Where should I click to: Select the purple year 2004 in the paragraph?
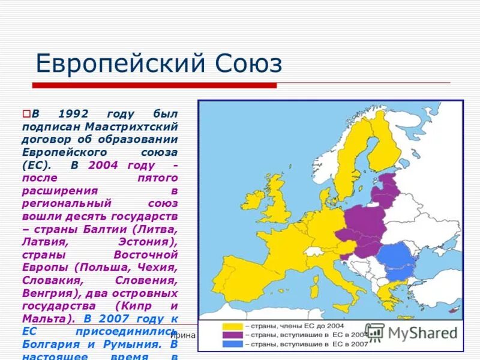pos(103,165)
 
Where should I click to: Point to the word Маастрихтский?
pos(131,127)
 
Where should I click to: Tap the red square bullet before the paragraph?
pos(26,113)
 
